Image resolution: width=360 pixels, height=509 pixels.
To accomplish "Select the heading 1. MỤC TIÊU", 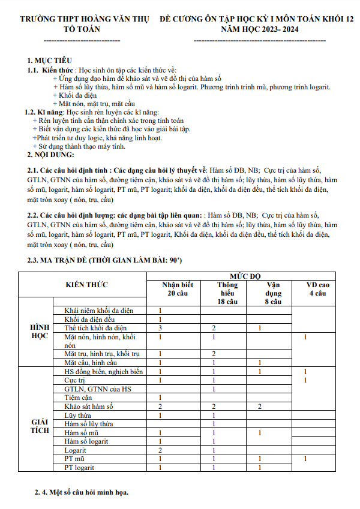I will [50, 61].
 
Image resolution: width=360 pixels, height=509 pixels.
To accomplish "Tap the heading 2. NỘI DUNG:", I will [53, 155].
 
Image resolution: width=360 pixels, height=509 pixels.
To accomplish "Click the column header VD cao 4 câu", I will [317, 289].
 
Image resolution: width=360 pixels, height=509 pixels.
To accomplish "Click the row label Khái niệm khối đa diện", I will [99, 311].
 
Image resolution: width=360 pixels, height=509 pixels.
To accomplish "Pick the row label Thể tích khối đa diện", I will [95, 328].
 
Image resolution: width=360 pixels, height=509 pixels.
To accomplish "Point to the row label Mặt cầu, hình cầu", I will [91, 363].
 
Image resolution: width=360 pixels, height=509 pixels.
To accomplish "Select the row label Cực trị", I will [74, 380].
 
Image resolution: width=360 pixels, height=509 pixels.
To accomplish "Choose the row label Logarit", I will [76, 450].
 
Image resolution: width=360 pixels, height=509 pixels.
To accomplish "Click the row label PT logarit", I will [80, 467].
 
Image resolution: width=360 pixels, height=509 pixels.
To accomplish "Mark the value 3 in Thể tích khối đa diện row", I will [160, 328].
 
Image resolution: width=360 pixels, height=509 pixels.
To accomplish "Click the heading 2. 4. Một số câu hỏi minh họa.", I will [81, 493].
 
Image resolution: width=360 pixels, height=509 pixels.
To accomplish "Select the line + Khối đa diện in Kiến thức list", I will [74, 95].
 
